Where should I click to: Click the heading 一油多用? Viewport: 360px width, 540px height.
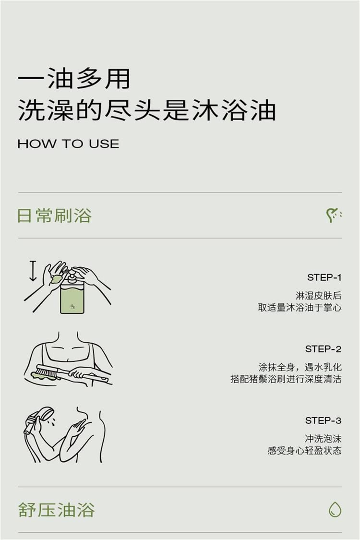74,79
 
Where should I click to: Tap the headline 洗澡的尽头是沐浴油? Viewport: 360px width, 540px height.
147,110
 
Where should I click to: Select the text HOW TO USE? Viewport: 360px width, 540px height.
68,144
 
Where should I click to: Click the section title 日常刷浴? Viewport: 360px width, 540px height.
54,216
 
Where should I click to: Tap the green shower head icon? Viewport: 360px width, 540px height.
333,215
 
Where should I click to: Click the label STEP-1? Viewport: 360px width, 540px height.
324,277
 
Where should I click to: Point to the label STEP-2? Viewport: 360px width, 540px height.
323,349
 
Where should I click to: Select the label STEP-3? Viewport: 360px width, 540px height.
323,420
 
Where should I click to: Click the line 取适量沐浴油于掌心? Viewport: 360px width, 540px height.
300,308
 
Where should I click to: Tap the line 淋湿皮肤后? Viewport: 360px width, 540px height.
318,296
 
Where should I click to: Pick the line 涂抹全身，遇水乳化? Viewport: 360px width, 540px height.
300,367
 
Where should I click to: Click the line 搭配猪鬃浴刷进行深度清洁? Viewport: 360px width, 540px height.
286,379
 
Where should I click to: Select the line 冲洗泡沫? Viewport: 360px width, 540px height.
323,439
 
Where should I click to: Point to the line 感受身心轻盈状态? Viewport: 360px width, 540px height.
304,450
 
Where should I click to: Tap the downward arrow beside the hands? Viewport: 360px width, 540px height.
33,271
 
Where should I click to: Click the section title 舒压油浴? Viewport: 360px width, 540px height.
56,510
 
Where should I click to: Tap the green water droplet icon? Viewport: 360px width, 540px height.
335,509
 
